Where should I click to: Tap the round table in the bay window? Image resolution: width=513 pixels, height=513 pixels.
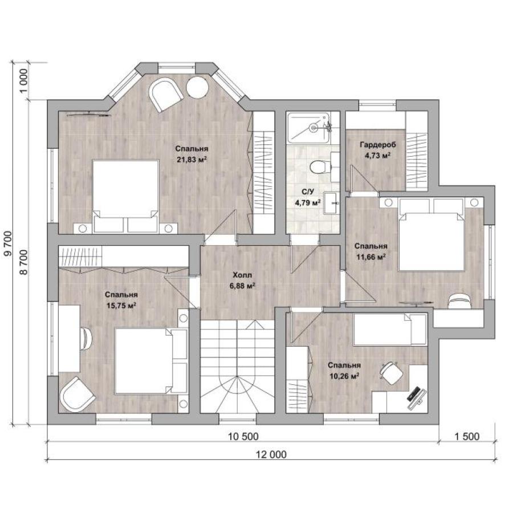pyautogui.click(x=197, y=87)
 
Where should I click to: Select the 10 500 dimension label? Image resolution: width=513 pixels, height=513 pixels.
pyautogui.click(x=243, y=436)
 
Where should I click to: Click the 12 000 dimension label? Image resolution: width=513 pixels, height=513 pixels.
pyautogui.click(x=271, y=454)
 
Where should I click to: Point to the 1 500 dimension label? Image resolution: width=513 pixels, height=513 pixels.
pyautogui.click(x=467, y=436)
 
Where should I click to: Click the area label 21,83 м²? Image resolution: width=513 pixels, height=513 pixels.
pyautogui.click(x=192, y=160)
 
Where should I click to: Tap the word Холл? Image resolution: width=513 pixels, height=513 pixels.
pyautogui.click(x=242, y=275)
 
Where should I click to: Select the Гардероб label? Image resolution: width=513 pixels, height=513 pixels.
pyautogui.click(x=378, y=145)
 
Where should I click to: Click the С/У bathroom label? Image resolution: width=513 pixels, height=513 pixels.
pyautogui.click(x=308, y=192)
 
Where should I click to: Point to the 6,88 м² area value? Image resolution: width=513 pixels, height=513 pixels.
pyautogui.click(x=242, y=286)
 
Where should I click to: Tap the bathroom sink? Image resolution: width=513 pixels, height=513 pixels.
pyautogui.click(x=332, y=203)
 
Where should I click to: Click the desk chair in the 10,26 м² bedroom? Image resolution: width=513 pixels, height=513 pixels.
pyautogui.click(x=391, y=373)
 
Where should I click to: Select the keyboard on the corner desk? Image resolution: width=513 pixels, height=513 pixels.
pyautogui.click(x=413, y=394)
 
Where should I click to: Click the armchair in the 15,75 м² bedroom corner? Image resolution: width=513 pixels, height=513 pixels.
pyautogui.click(x=78, y=394)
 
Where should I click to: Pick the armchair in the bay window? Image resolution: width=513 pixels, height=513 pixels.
pyautogui.click(x=165, y=94)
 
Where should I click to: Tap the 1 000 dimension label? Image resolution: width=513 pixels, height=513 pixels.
pyautogui.click(x=24, y=81)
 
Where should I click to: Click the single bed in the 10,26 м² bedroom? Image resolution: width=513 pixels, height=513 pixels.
pyautogui.click(x=390, y=329)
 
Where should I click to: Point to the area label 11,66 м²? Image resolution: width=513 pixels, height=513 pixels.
pyautogui.click(x=370, y=257)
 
